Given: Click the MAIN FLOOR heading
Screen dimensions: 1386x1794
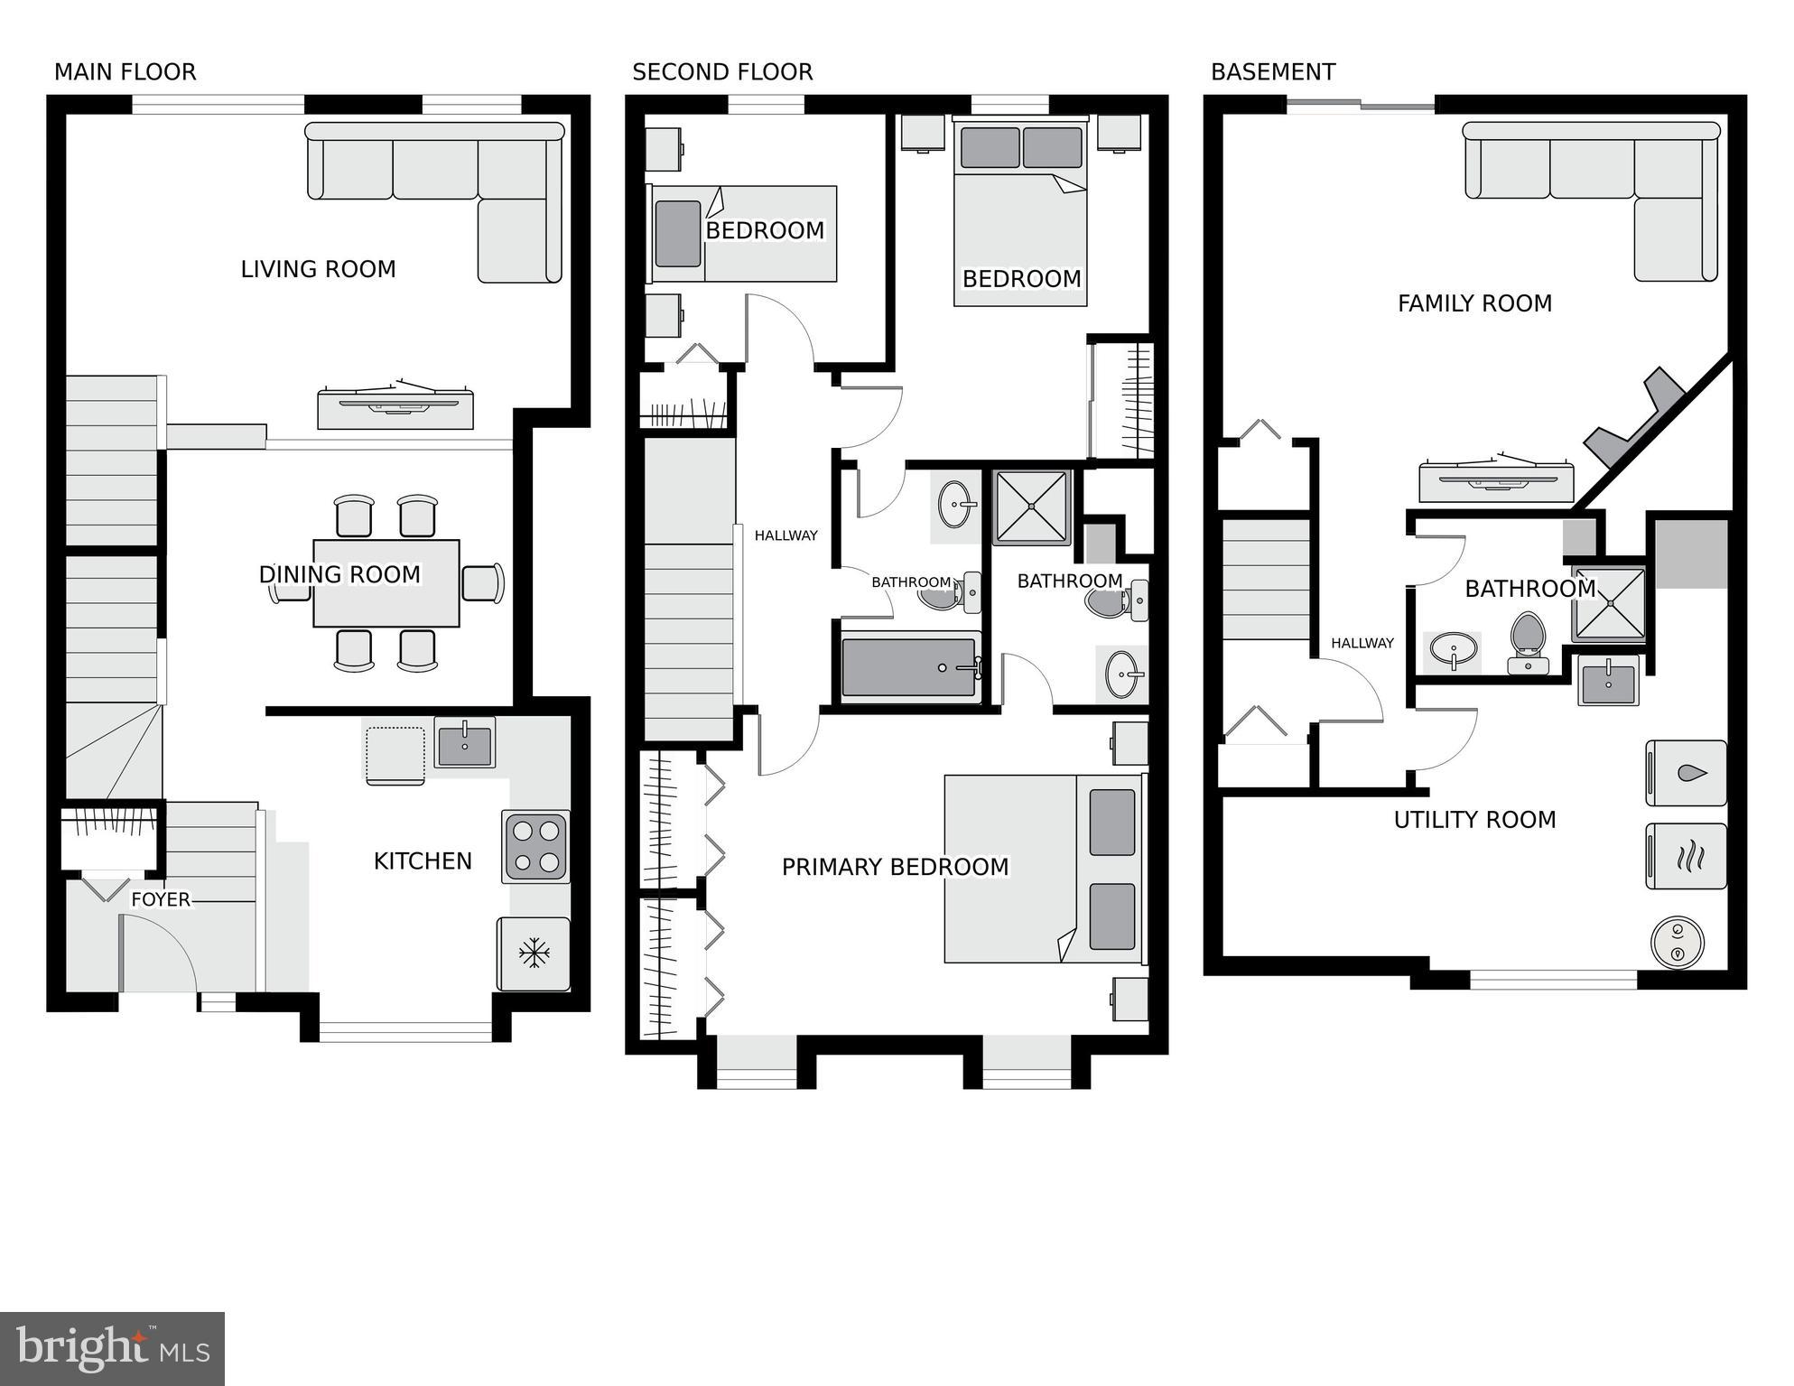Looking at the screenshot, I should tap(125, 72).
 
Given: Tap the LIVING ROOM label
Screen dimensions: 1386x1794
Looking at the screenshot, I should tap(318, 269).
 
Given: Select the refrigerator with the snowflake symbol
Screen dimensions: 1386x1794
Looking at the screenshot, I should tap(534, 953).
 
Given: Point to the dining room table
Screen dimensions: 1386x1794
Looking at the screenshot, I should tap(386, 583).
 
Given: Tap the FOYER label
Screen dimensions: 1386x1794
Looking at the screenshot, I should tap(161, 899).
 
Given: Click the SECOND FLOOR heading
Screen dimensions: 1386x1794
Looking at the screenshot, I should tap(722, 72).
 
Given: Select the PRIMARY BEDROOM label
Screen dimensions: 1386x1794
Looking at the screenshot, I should tap(895, 867).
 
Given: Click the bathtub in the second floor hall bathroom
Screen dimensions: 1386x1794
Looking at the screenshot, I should tap(909, 668).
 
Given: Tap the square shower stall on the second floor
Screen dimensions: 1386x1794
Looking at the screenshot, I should tap(1032, 507).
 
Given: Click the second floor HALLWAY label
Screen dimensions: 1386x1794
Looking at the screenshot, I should tap(785, 535).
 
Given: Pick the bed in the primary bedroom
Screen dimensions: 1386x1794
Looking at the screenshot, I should tap(1043, 869).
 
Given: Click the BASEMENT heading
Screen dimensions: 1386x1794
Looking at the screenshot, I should tap(1272, 72).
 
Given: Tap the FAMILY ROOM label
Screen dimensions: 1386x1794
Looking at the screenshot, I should tap(1474, 303).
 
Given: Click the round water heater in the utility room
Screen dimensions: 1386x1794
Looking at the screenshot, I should tap(1677, 943).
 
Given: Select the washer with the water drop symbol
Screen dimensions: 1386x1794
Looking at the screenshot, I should tap(1686, 773).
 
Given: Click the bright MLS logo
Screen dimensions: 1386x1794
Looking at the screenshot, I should tap(112, 1348).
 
